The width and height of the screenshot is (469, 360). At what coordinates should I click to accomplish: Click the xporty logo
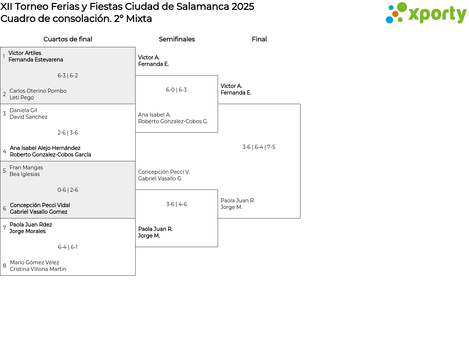[x=426, y=13]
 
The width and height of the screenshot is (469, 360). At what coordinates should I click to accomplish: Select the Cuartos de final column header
[x=68, y=39]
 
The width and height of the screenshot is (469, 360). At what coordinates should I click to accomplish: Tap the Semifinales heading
[x=177, y=39]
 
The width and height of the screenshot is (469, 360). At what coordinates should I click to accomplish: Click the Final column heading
[x=259, y=39]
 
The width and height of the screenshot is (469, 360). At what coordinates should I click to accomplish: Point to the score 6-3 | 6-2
[x=68, y=76]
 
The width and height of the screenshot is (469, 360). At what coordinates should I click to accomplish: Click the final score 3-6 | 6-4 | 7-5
[x=259, y=147]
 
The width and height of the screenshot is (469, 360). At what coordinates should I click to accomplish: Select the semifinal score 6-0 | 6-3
[x=176, y=90]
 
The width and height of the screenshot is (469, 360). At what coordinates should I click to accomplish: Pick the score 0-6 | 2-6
[x=68, y=190]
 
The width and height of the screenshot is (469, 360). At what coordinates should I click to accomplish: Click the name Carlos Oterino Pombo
[x=38, y=91]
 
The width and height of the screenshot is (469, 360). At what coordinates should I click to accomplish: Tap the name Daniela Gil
[x=23, y=110]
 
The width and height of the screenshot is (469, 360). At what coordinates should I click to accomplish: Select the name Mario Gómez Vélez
[x=34, y=262]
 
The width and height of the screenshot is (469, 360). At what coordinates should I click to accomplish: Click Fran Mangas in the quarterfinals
[x=26, y=168]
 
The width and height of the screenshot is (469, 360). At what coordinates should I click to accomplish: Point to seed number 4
[x=4, y=151]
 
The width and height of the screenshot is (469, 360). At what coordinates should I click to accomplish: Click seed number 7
[x=4, y=228]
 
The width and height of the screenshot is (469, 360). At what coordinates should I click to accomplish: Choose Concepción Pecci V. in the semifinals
[x=164, y=172]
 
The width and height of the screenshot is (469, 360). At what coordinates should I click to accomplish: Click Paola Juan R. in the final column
[x=237, y=201]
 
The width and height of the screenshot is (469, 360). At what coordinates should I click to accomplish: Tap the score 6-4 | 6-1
[x=68, y=247]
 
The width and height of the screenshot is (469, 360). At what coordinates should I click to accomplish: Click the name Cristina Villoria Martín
[x=38, y=269]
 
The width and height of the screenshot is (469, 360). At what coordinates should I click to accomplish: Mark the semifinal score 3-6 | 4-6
[x=176, y=204]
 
